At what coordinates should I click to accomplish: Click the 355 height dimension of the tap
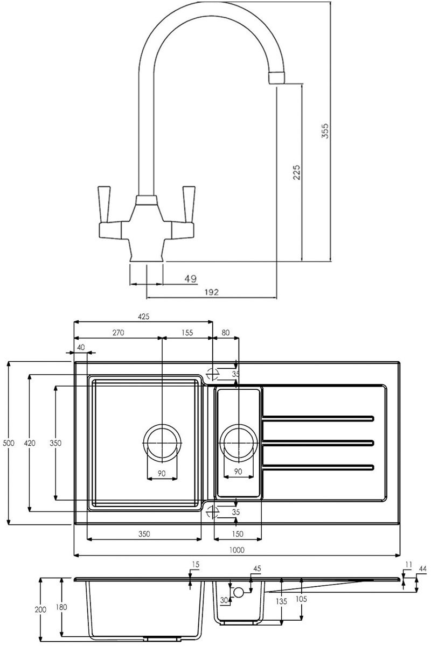click(325, 131)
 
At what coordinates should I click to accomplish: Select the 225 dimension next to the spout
click(297, 172)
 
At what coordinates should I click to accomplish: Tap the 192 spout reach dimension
click(212, 292)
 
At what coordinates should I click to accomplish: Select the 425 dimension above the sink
click(143, 317)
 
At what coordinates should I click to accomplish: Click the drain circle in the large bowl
click(161, 443)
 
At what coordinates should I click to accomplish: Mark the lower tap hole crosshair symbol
click(213, 511)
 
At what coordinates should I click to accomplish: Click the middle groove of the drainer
click(318, 443)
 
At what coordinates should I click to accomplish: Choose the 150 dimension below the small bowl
click(238, 535)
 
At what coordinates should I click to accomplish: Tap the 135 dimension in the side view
click(281, 601)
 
